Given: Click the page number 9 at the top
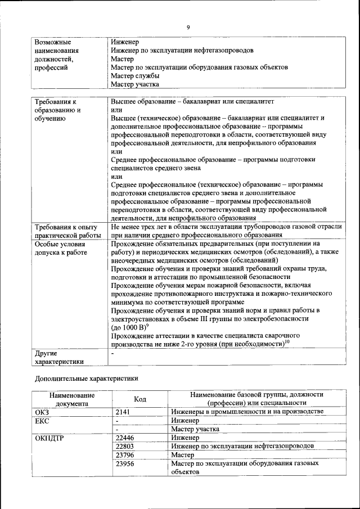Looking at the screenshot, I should [x=188, y=27].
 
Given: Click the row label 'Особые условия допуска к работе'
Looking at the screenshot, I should [x=61, y=249].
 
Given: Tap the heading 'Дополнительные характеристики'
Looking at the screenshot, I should [x=86, y=379].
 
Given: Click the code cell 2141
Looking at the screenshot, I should [x=123, y=412].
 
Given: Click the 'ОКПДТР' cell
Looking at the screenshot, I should [x=50, y=438].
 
